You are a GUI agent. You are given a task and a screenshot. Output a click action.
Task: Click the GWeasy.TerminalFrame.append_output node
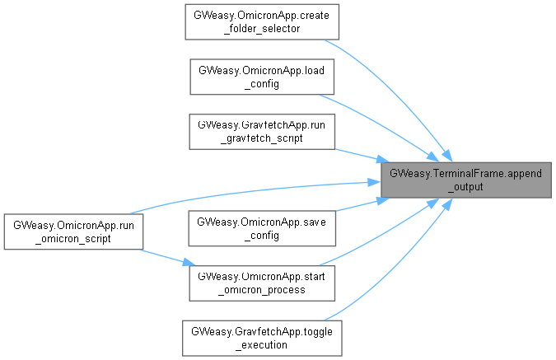click(465, 180)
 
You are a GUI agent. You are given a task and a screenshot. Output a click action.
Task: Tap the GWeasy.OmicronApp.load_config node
click(262, 76)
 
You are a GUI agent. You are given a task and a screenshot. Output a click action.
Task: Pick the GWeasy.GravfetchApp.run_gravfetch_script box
click(262, 131)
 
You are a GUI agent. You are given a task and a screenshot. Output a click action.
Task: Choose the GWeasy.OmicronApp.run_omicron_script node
click(72, 231)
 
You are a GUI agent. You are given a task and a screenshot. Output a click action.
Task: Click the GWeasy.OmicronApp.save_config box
click(262, 228)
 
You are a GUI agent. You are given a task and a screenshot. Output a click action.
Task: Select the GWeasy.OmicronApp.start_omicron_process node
click(262, 282)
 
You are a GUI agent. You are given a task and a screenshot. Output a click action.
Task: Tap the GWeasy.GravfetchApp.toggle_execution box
click(262, 337)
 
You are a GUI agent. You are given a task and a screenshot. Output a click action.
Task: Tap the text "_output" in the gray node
click(465, 187)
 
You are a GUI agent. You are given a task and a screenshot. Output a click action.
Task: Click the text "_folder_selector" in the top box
click(262, 29)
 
